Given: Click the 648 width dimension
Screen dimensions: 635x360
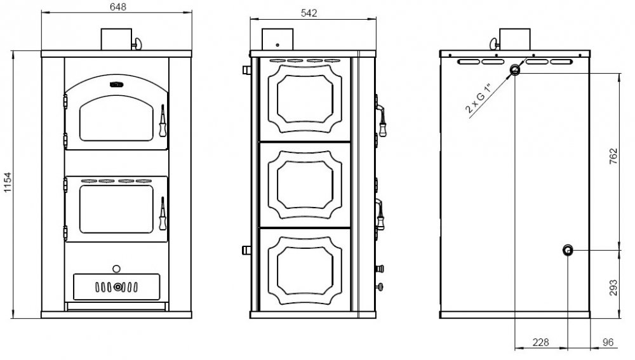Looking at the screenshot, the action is tap(118, 7).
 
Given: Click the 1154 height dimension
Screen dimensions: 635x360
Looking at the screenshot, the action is tap(8, 182).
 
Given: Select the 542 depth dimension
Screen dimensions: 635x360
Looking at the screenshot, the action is tap(309, 13).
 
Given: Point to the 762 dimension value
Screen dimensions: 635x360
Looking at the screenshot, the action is tap(613, 156).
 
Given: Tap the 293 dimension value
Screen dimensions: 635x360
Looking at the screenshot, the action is tap(613, 288).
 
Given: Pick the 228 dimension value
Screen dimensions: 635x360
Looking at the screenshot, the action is tap(540, 342).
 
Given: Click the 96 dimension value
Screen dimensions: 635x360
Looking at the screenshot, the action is tap(608, 342).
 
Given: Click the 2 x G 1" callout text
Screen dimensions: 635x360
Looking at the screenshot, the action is tap(478, 98).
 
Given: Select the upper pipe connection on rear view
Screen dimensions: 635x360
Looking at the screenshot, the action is tap(515, 70).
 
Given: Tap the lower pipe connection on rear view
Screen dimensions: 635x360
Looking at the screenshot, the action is tap(568, 250).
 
